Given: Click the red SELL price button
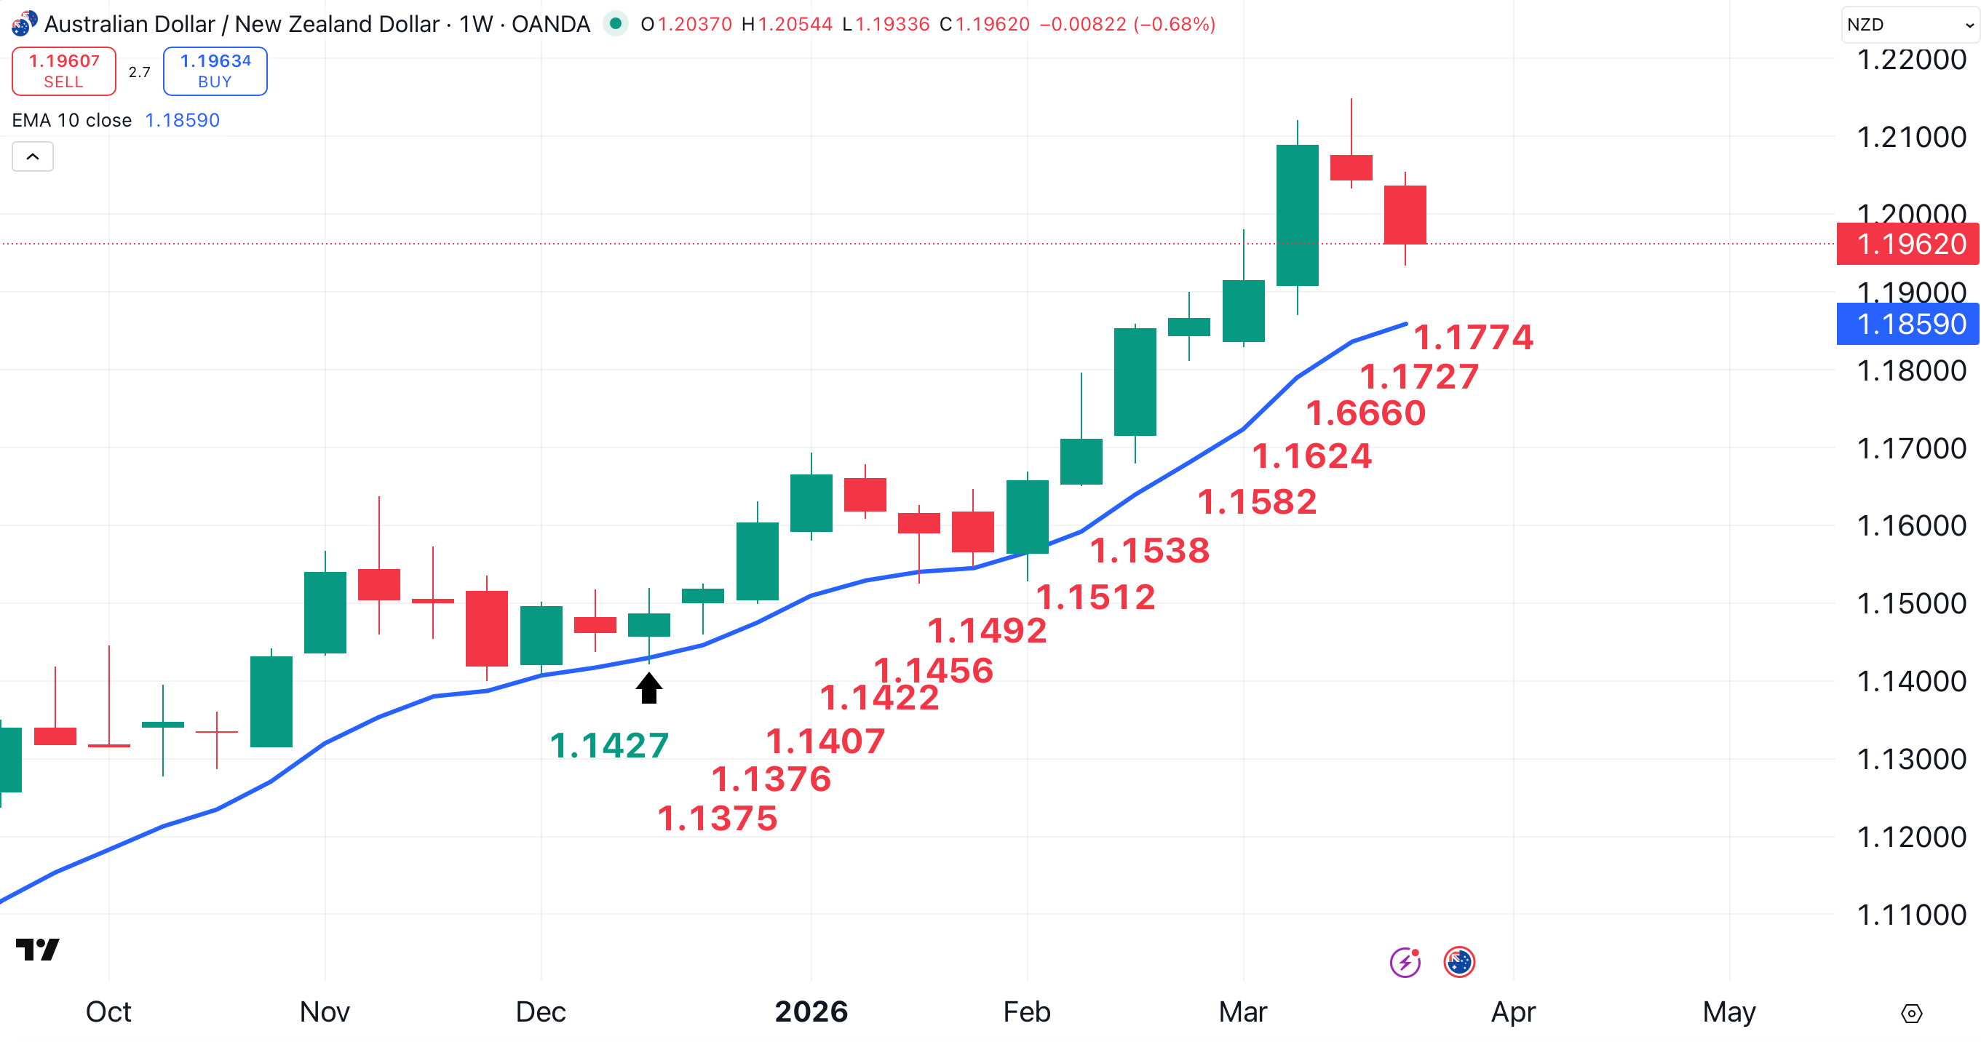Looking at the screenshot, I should (x=64, y=71).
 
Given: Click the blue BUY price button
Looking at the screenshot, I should (x=215, y=71).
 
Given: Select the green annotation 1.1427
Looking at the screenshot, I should (x=609, y=745).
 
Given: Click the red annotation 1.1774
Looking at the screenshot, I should (x=1473, y=337).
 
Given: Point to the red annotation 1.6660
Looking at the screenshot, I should (x=1366, y=413).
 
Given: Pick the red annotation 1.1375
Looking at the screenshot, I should (x=717, y=817).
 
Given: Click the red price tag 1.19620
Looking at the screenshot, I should (x=1910, y=244).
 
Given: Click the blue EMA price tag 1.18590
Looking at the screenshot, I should (x=1910, y=324).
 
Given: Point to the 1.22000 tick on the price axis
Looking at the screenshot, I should (x=1911, y=59).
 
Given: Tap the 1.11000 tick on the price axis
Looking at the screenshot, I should (x=1911, y=915).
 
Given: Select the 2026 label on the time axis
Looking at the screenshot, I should (x=811, y=1011).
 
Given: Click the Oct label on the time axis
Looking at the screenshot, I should (x=108, y=1011).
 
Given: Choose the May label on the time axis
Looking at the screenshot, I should (x=1728, y=1011).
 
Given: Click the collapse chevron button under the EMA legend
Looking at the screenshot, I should (x=32, y=157).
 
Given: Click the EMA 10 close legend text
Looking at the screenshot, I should (x=71, y=120).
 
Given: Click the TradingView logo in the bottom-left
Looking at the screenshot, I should (x=37, y=950).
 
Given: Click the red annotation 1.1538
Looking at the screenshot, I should (x=1150, y=550).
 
